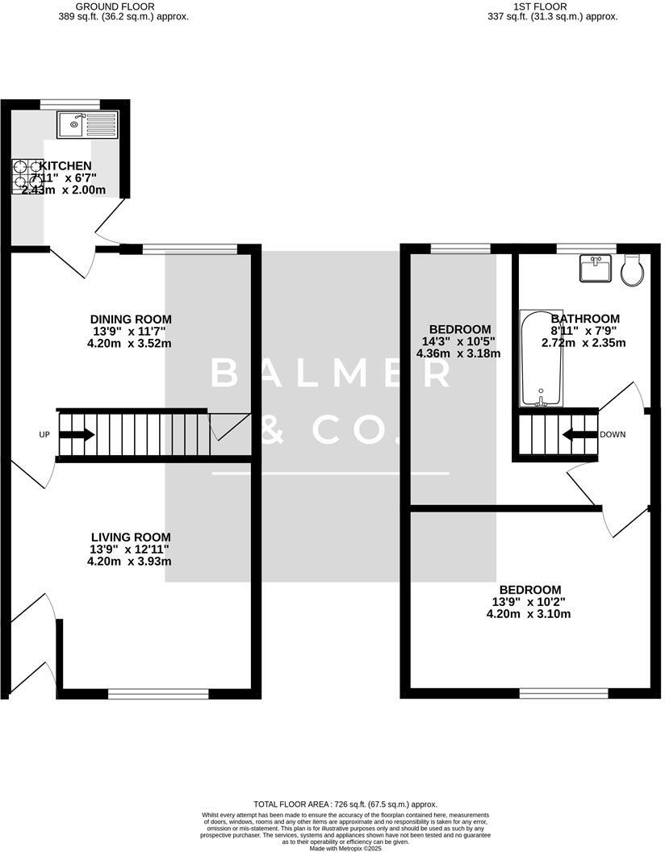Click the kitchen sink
point(87,123)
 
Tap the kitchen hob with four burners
point(27,175)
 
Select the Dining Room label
point(131,319)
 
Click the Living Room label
point(131,537)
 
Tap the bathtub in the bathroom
point(542,357)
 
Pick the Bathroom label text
point(585,319)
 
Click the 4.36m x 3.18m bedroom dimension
point(459,353)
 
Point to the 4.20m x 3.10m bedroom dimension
point(529,614)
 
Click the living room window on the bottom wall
point(158,692)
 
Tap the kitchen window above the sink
point(70,103)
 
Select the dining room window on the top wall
point(190,248)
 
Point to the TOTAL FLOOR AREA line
point(345,804)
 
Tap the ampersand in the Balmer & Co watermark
point(274,429)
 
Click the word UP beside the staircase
point(45,435)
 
